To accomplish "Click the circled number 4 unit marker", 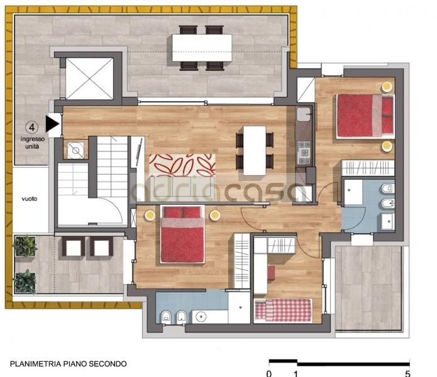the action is (x=32, y=128).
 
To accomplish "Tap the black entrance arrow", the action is (x=52, y=124).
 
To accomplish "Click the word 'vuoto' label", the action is (x=30, y=199).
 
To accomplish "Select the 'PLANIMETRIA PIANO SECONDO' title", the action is (x=69, y=364).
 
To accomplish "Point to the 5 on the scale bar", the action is (x=407, y=373).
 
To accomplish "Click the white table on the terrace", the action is (x=202, y=48).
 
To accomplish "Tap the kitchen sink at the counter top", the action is (x=304, y=114).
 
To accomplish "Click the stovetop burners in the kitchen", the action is (x=304, y=153).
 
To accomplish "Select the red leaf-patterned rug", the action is (x=182, y=165).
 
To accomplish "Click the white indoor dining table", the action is (x=255, y=151).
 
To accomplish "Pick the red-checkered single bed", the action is (x=283, y=310).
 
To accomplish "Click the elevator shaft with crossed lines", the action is (x=90, y=79).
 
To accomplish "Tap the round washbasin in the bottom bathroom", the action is (x=201, y=317).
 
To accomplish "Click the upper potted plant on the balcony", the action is (x=25, y=246).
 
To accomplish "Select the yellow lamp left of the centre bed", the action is (x=150, y=216).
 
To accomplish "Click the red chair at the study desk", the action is (x=271, y=273).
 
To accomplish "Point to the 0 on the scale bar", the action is (x=269, y=373).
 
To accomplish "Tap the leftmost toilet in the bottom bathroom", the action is (x=166, y=317).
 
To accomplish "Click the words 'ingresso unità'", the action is (x=32, y=143).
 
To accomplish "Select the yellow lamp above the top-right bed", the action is (x=387, y=87).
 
